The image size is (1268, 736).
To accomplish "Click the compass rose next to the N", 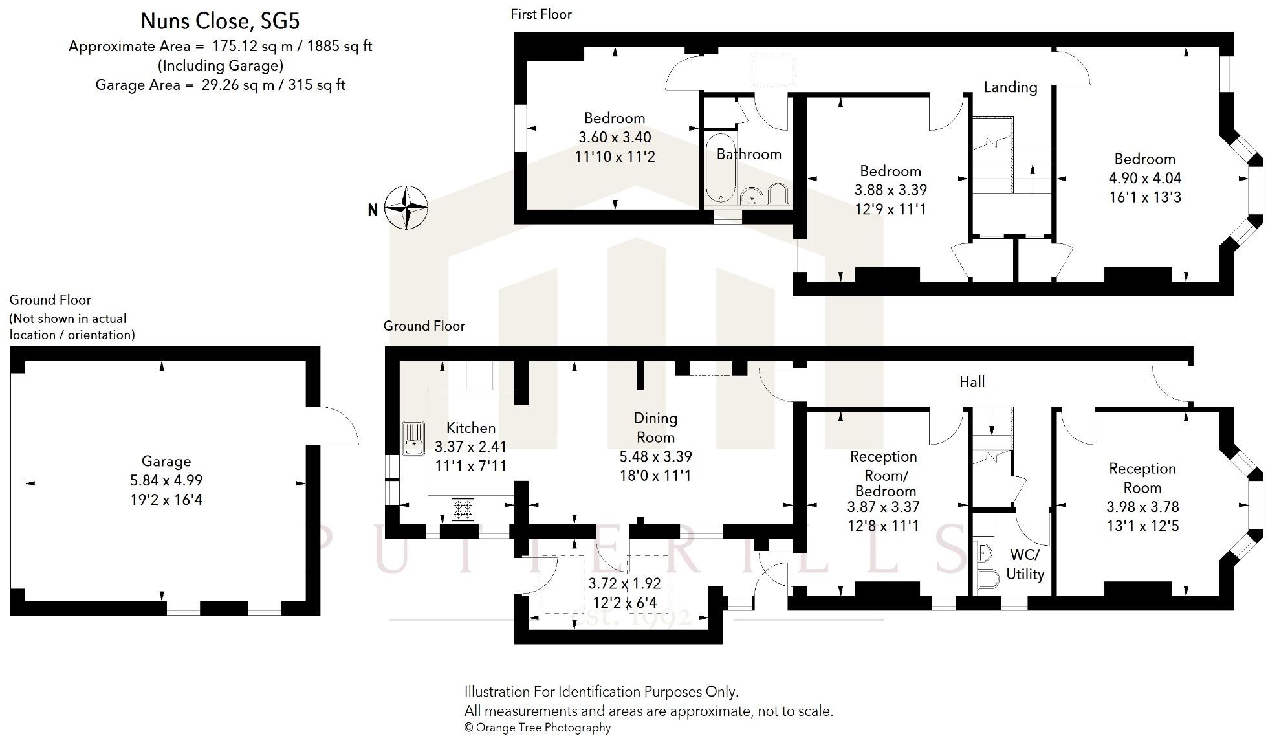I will pyautogui.click(x=406, y=208).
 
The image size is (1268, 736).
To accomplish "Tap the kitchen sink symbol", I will pyautogui.click(x=413, y=438).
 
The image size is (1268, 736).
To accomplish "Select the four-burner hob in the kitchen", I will pyautogui.click(x=463, y=509).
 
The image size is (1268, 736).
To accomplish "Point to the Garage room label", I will pyautogui.click(x=166, y=462).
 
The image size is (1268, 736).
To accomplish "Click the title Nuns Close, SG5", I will pyautogui.click(x=220, y=21).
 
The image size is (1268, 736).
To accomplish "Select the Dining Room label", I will pyautogui.click(x=655, y=427).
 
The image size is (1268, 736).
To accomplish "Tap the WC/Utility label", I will pyautogui.click(x=1025, y=564).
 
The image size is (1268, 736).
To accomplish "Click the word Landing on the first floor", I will pyautogui.click(x=1010, y=87).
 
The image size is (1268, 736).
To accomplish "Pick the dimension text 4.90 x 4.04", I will pyautogui.click(x=1144, y=178).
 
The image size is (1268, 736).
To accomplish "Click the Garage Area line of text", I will pyautogui.click(x=220, y=85).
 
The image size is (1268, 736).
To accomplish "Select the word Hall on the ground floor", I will pyautogui.click(x=972, y=382).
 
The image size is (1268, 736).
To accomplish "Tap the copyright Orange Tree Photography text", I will pyautogui.click(x=537, y=728).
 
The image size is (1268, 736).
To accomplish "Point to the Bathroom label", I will pyautogui.click(x=749, y=154).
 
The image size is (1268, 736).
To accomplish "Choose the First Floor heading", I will pyautogui.click(x=541, y=14).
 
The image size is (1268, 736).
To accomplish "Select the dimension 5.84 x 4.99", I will pyautogui.click(x=166, y=480).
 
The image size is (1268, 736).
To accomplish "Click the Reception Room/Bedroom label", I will pyautogui.click(x=883, y=473).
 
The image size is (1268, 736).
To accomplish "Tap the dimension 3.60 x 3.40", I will pyautogui.click(x=615, y=137).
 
